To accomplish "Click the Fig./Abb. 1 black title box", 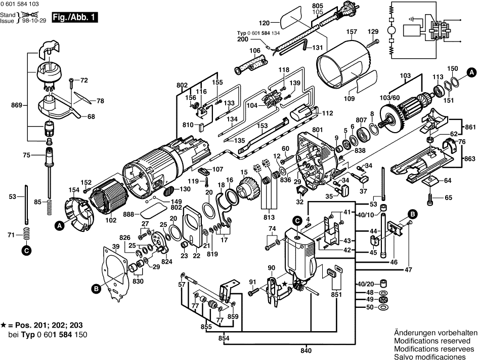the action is click(75, 17).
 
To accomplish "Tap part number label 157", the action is click(352, 32).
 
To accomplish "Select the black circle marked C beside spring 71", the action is click(26, 251).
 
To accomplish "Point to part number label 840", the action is click(306, 350).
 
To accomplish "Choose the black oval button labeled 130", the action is click(168, 192).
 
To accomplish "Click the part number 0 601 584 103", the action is click(20, 4).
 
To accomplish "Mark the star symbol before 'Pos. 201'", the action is click(4, 325).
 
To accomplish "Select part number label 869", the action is click(17, 105).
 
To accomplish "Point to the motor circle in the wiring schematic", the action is click(391, 30).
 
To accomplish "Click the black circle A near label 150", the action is click(471, 72).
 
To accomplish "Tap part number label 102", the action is click(111, 220).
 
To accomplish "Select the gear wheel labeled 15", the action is click(248, 190).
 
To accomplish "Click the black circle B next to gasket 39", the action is click(96, 289).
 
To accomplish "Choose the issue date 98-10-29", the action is click(34, 21).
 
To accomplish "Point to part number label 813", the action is click(269, 218).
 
